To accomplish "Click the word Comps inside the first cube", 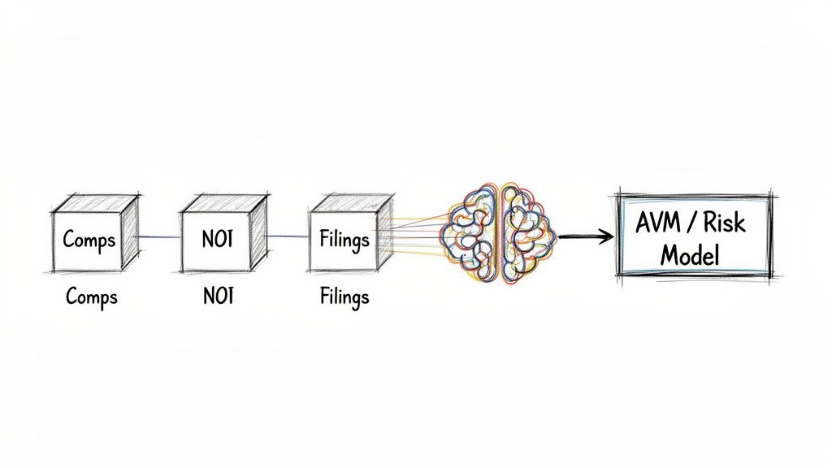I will click(x=89, y=240).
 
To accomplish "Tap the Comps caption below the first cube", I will click(x=92, y=297).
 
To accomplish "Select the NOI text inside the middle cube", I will click(x=217, y=240).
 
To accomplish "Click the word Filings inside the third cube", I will click(x=344, y=240).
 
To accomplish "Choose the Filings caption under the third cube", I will click(x=344, y=297).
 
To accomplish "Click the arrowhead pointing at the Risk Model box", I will click(x=605, y=236).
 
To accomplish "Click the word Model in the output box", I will click(x=690, y=255).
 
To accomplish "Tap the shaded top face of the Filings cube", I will click(x=352, y=202).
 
